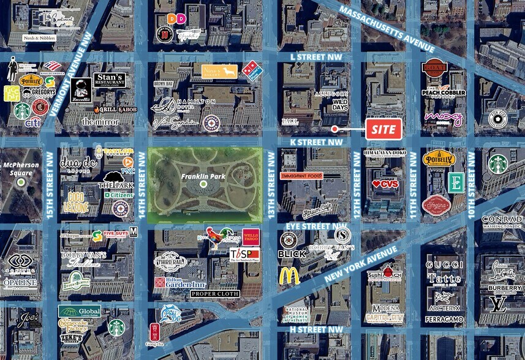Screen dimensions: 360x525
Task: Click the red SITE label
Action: [x=383, y=129]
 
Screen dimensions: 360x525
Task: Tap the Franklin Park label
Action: [x=203, y=177]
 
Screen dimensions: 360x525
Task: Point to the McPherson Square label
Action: [x=20, y=168]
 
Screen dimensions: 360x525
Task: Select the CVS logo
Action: [x=385, y=183]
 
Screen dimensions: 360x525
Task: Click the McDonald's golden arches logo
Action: [x=289, y=276]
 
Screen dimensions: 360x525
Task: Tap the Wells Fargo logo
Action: [x=251, y=235]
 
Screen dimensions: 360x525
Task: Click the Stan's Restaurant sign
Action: [x=110, y=80]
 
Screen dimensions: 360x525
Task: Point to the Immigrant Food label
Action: [x=301, y=176]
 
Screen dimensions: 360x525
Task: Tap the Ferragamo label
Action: [x=445, y=320]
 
